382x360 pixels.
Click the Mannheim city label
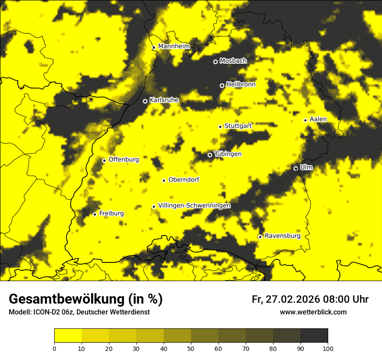(174, 46)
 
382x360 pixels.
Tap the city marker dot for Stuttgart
(220, 127)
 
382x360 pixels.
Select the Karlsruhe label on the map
(164, 100)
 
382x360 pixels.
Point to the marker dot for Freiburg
(95, 214)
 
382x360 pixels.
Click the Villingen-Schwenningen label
(194, 206)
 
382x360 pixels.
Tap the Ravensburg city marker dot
(260, 237)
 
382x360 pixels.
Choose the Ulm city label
(306, 167)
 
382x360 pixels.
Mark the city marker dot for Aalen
(305, 120)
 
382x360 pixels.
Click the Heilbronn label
(241, 85)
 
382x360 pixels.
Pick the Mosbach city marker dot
(215, 62)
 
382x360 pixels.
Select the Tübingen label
(228, 154)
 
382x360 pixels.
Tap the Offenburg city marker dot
(104, 160)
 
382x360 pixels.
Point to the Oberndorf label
(184, 180)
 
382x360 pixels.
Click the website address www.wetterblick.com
(313, 312)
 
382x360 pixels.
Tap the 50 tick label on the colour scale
(191, 348)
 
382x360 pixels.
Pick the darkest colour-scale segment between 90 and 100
(314, 335)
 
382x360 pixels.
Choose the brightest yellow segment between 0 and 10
(68, 335)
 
